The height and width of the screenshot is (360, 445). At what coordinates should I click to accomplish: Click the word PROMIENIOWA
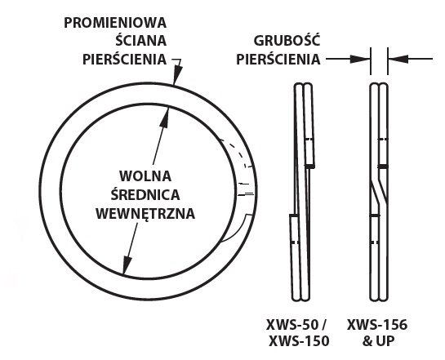[x=115, y=23]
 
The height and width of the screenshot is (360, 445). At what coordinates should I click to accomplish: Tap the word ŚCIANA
[x=140, y=40]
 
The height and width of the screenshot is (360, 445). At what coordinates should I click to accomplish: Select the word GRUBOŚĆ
[x=287, y=40]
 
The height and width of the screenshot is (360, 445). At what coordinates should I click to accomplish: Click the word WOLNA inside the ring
[x=145, y=176]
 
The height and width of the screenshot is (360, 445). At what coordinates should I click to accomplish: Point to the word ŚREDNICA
[x=145, y=193]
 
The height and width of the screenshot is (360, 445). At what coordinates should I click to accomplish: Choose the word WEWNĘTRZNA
[x=145, y=213]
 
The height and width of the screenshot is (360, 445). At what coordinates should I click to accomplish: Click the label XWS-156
[x=377, y=325]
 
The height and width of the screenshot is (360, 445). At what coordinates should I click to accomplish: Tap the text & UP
[x=378, y=341]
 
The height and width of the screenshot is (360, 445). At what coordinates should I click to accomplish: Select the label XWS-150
[x=299, y=341]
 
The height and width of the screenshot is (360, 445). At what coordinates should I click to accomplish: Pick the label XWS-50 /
[x=296, y=325]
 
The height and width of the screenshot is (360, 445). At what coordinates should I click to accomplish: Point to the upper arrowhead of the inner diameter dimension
[x=164, y=117]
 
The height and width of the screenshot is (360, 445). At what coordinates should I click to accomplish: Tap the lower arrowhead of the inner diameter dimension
[x=127, y=264]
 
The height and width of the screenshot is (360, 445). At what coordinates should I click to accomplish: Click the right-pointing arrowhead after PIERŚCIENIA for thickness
[x=360, y=59]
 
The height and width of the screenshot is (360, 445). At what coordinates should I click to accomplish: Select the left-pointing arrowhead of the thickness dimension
[x=398, y=59]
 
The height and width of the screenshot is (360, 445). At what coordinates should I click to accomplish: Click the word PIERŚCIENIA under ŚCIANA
[x=124, y=59]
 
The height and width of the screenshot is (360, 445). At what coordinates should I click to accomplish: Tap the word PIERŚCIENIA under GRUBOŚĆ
[x=278, y=59]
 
